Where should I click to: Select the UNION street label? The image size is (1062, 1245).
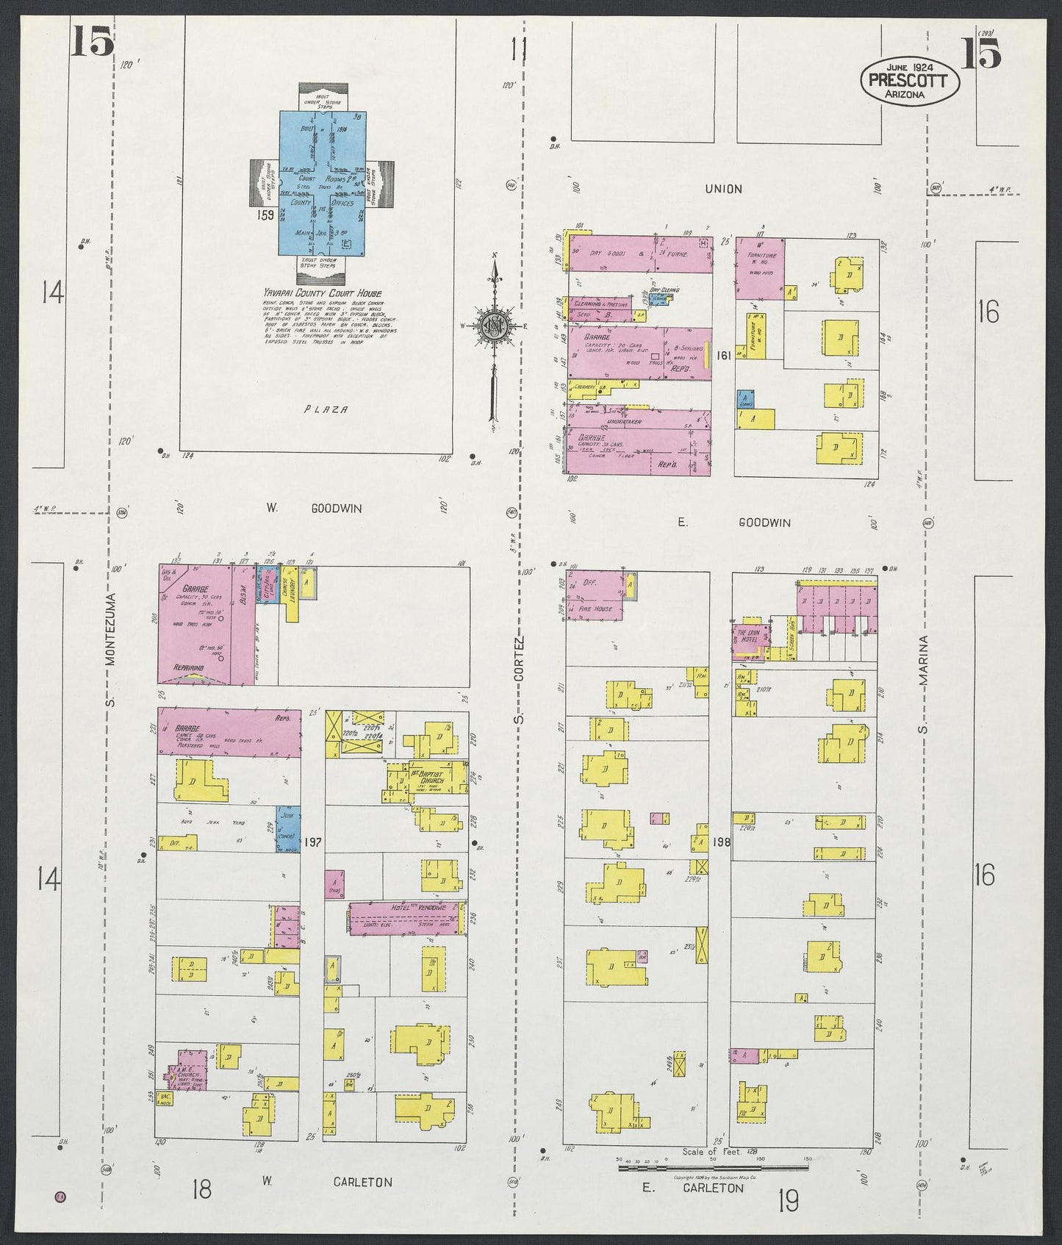pyautogui.click(x=723, y=189)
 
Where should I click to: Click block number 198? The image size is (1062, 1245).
pyautogui.click(x=721, y=842)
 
